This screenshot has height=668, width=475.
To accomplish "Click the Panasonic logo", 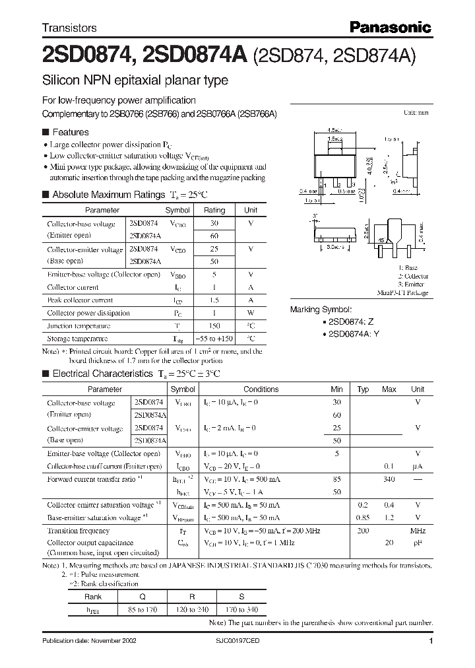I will pyautogui.click(x=390, y=27).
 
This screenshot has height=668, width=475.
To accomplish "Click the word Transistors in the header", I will pyautogui.click(x=69, y=28).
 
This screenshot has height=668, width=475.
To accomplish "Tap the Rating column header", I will pyautogui.click(x=214, y=210).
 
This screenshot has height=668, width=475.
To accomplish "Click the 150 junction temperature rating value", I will pyautogui.click(x=214, y=326).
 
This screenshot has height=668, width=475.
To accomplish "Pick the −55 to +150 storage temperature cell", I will pyautogui.click(x=214, y=339).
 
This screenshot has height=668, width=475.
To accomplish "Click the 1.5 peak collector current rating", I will pyautogui.click(x=214, y=300).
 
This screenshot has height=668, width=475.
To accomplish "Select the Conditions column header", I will pyautogui.click(x=261, y=389).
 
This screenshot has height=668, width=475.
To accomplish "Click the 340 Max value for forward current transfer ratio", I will pyautogui.click(x=389, y=479).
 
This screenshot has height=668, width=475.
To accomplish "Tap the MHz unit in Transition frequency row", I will pyautogui.click(x=417, y=531).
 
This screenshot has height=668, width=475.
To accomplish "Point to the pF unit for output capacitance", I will pyautogui.click(x=417, y=543).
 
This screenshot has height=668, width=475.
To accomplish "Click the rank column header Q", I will pyautogui.click(x=143, y=595).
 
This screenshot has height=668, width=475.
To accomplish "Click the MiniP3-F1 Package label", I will pyautogui.click(x=403, y=292).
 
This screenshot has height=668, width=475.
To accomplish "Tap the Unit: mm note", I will pyautogui.click(x=416, y=113).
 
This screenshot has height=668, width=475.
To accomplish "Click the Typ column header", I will pyautogui.click(x=362, y=389).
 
